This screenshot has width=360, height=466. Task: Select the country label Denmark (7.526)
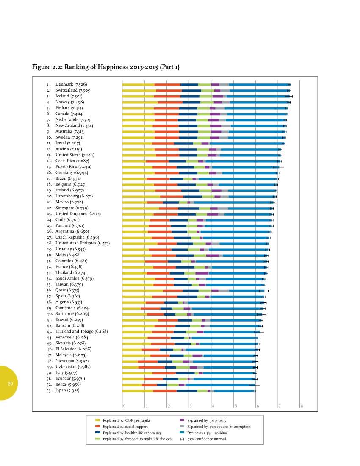pos(71,84)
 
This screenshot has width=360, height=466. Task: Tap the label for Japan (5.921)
pos(67,390)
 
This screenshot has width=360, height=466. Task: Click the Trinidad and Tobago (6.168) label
pos(81,331)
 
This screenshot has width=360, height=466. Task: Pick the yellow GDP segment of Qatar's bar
pos(142,291)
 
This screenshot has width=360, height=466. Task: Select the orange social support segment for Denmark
pos(167,85)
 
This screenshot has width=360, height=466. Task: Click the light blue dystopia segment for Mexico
pos(233,202)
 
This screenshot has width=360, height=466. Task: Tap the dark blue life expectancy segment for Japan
pos(187,391)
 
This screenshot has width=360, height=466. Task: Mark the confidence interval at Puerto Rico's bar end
pos(278,167)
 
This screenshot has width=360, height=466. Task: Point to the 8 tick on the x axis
pos(302,406)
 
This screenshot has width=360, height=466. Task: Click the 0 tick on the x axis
pos(124,406)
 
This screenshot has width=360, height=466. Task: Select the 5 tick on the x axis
pos(235,406)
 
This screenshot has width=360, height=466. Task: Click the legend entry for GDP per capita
pos(126,420)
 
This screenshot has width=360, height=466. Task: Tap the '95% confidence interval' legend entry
pos(206,439)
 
